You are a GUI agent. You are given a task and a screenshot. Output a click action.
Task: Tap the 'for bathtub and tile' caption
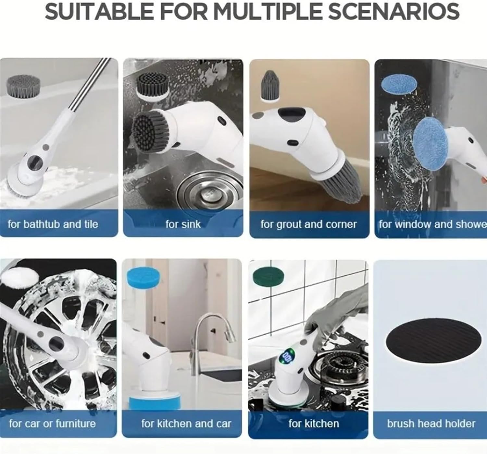(53, 224)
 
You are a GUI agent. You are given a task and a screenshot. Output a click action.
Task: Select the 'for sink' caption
(183, 224)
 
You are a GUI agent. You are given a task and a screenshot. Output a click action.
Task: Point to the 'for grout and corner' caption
(308, 224)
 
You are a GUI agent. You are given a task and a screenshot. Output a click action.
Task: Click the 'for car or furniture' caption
(52, 423)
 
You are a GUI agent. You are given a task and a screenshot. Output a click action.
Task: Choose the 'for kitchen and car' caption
(186, 423)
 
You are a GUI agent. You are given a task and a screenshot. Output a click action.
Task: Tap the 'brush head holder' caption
(431, 423)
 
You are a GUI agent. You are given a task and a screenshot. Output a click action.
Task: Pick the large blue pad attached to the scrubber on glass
(431, 143)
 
